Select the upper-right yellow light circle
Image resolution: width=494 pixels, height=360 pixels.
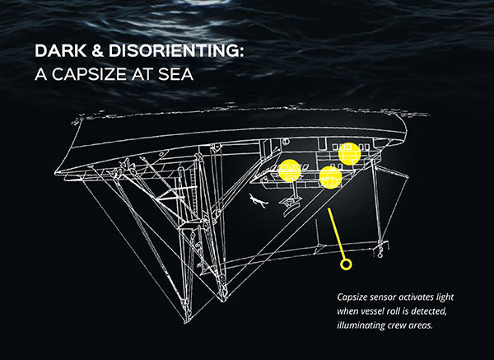(350, 153)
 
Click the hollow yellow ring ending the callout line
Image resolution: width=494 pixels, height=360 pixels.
(346, 264)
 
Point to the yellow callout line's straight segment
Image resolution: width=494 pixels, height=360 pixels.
(338, 235)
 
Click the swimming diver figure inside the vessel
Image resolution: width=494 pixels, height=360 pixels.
(258, 199)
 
